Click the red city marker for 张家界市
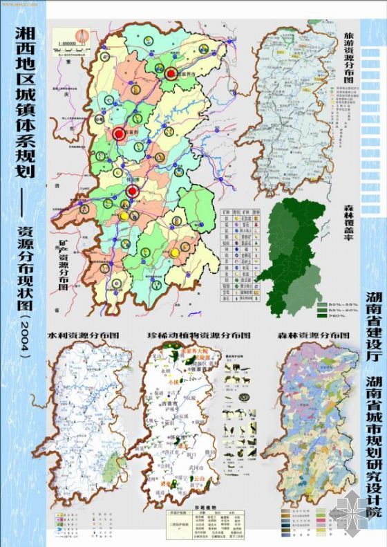click(x=171, y=73)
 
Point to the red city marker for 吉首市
click(x=119, y=133)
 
